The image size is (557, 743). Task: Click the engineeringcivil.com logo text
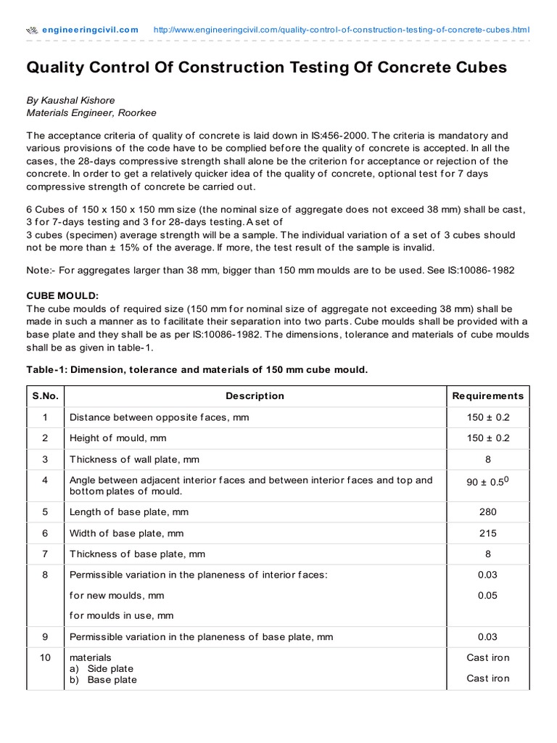click(x=89, y=30)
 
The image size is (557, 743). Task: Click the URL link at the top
click(x=342, y=30)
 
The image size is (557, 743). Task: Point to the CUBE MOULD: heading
click(x=62, y=296)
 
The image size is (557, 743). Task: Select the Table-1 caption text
click(x=197, y=370)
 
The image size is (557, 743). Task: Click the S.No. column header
click(x=45, y=396)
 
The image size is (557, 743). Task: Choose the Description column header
click(x=255, y=396)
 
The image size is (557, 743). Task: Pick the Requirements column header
click(x=487, y=396)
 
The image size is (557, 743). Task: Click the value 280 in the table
click(x=487, y=512)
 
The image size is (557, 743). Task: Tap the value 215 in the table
click(x=487, y=533)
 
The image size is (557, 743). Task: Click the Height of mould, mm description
click(x=117, y=438)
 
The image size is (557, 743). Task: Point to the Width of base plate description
click(x=126, y=533)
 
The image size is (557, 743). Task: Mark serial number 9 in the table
click(x=45, y=637)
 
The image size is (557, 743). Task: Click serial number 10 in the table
click(x=45, y=658)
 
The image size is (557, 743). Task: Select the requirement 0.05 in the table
click(x=487, y=596)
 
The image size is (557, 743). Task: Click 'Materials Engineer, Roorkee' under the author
click(x=91, y=113)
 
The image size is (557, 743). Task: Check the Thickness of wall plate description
click(x=134, y=459)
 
